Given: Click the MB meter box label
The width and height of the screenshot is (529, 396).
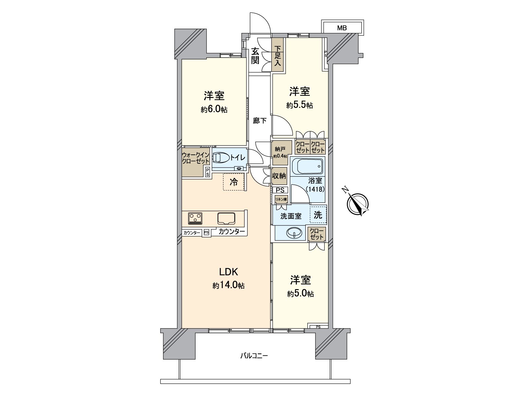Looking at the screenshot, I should pos(342,28).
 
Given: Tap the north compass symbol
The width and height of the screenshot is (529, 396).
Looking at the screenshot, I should pos(358,203).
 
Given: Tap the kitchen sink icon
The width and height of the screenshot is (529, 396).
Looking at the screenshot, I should pos(226,218).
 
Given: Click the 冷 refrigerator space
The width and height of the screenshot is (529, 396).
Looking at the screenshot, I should pos(234,182).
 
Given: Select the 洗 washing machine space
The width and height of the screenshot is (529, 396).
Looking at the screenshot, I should pos(318,215).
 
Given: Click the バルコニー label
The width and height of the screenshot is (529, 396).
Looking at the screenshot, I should pos(254,356).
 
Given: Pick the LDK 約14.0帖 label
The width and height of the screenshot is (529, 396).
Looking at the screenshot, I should pos(228,279).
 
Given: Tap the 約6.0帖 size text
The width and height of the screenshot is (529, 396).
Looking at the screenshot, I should pos(214,110).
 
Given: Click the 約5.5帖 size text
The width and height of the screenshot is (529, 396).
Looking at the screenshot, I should pos(300,105).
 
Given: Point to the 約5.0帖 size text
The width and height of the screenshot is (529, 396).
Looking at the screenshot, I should pos(300,294).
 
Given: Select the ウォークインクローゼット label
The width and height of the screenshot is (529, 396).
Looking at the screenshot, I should pos(196,158).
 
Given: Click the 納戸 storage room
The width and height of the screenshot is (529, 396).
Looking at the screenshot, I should pos(282,152).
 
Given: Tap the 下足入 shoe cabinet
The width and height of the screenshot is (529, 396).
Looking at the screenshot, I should pos(277,56).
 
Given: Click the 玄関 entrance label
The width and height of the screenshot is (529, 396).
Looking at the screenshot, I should pos(255,55).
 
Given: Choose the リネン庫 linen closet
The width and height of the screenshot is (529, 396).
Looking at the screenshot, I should pos(281,199).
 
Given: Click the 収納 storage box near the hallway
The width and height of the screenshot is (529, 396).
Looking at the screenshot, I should pos(279,176).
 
